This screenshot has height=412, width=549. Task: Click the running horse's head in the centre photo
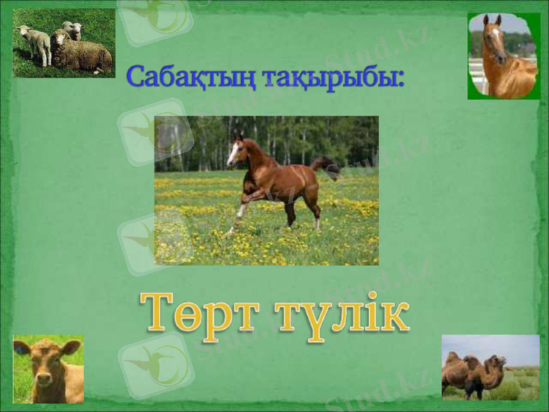pos(236,152)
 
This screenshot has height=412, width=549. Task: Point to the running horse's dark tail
pos(327,165)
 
